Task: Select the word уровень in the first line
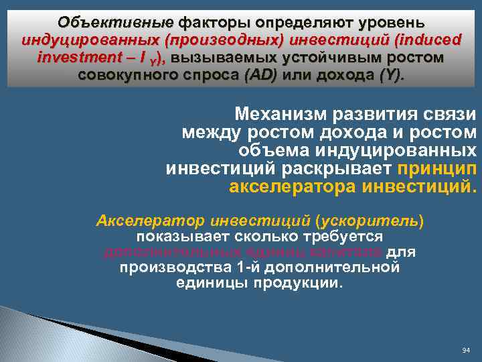pos(389,23)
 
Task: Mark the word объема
pos(272,149)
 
